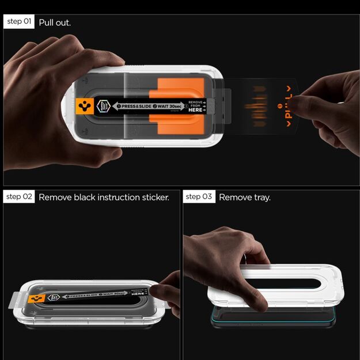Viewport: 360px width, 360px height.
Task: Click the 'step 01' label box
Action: (19, 22)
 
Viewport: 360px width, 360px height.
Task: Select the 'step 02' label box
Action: (19, 197)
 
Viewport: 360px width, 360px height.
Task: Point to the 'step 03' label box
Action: (199, 197)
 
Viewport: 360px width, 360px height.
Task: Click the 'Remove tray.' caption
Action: (245, 198)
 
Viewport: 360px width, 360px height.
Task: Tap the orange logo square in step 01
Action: (85, 107)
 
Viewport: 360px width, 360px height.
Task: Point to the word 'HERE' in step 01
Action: (196, 110)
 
